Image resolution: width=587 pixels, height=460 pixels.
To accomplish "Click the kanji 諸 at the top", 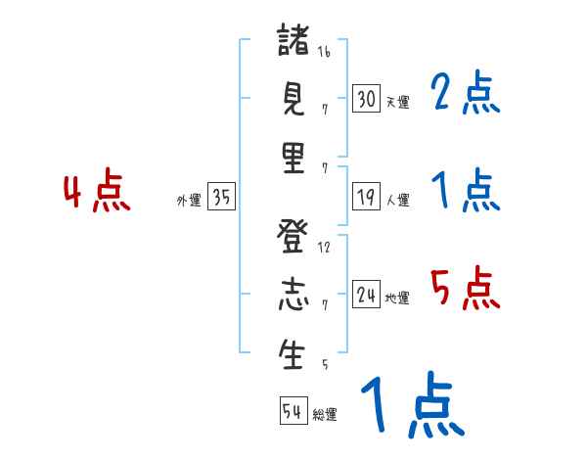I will (x=293, y=41).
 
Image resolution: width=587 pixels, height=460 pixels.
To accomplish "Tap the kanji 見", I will (x=293, y=99).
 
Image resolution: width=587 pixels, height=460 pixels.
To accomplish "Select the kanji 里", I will (x=293, y=158).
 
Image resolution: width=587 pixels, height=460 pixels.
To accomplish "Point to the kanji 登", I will (x=293, y=237).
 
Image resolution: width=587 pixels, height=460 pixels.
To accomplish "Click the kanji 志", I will (x=293, y=296).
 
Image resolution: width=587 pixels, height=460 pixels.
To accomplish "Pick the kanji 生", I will (x=293, y=353).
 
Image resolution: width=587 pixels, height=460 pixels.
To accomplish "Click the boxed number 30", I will (x=366, y=99).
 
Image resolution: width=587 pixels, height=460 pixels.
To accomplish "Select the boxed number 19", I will (x=366, y=197).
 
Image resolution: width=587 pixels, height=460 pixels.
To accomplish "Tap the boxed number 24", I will (x=366, y=295).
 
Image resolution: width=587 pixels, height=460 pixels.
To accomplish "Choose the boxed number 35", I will (x=221, y=197).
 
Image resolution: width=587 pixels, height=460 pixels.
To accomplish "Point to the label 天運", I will (x=397, y=102).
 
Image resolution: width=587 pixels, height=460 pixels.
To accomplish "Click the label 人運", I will (x=397, y=200).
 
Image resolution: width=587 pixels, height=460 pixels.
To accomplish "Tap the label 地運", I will (x=397, y=298).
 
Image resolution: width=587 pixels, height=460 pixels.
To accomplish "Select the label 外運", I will (x=189, y=200).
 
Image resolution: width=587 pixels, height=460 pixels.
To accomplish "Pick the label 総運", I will (x=325, y=414).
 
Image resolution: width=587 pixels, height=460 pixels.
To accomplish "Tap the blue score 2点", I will (x=465, y=94).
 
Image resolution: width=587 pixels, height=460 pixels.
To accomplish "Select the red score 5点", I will (x=465, y=289).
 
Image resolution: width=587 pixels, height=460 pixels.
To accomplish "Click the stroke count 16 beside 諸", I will (x=324, y=52).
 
